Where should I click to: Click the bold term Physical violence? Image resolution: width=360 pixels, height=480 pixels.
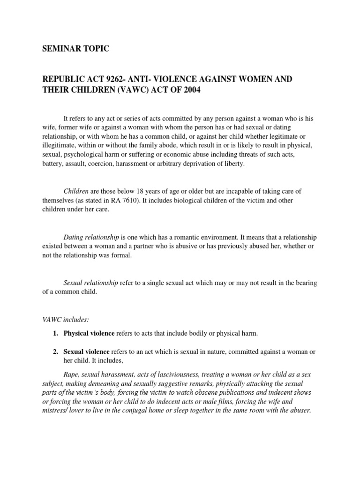point(89,333)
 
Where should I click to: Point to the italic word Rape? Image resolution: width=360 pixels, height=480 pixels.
point(71,375)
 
